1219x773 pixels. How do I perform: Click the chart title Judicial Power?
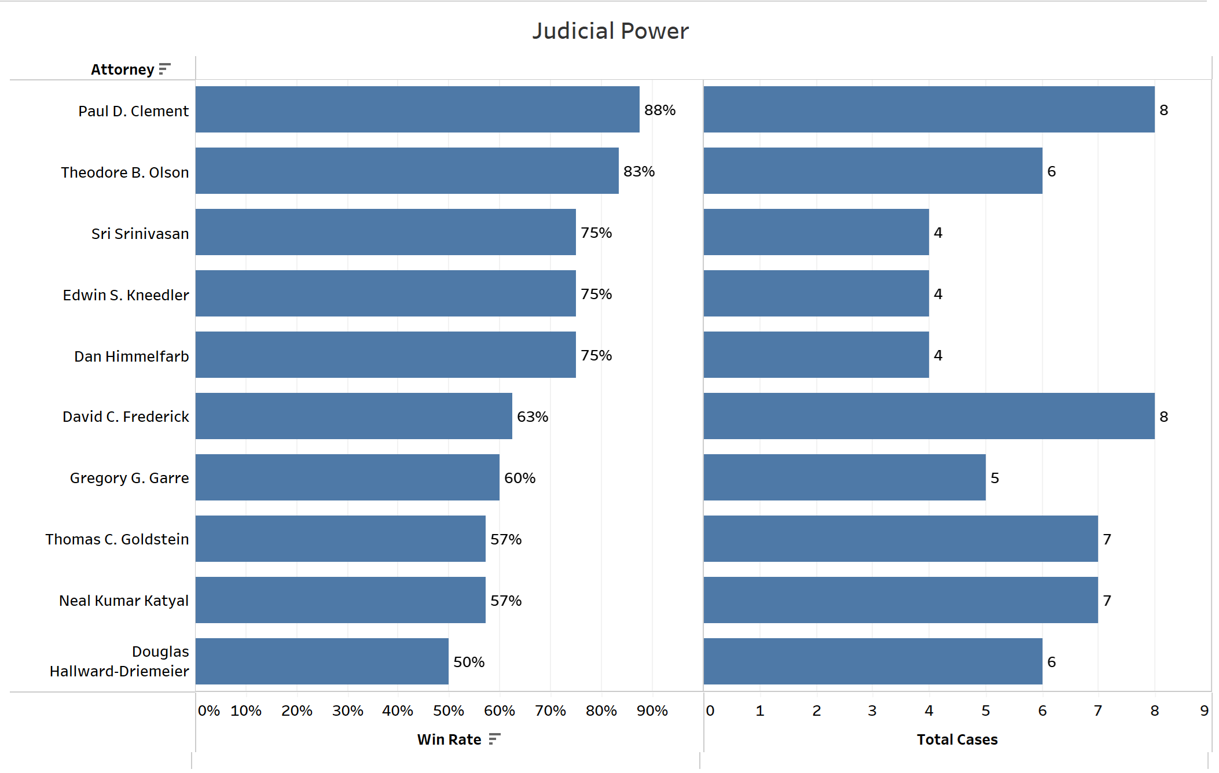tap(610, 31)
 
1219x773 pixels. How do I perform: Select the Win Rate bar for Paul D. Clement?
tap(417, 109)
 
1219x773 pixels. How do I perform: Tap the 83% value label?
tap(638, 171)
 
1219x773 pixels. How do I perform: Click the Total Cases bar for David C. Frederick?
tap(928, 416)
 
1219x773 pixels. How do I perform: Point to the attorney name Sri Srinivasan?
tap(140, 234)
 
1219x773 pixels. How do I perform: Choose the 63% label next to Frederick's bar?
tap(532, 417)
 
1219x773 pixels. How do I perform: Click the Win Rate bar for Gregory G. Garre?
tap(347, 477)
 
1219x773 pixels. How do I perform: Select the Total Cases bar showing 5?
tap(844, 477)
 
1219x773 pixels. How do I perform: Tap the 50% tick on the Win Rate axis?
tap(448, 711)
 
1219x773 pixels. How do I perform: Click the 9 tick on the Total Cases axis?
tap(1204, 711)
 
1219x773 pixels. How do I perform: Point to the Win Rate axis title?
tap(449, 739)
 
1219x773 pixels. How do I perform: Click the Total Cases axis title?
tap(957, 739)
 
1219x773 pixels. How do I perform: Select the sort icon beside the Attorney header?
tap(164, 69)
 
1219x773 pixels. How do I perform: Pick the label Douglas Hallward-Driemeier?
tap(119, 661)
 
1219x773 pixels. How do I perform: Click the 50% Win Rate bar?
tap(321, 661)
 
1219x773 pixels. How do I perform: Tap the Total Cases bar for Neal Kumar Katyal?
tap(900, 600)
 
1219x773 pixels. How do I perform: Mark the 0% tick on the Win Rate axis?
tap(208, 711)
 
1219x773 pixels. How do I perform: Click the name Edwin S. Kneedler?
tap(126, 295)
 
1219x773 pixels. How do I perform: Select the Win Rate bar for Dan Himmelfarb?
tap(385, 355)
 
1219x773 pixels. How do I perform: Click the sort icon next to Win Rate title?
tap(494, 739)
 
